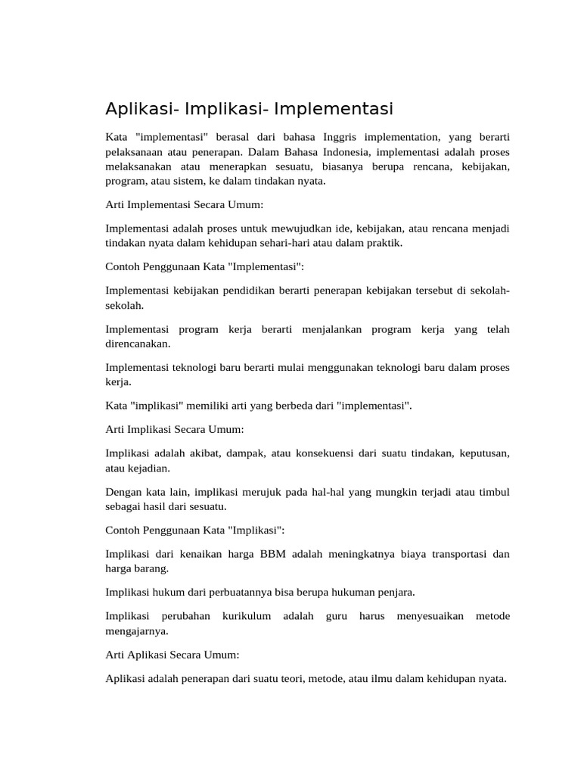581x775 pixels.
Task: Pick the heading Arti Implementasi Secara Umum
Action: (x=184, y=204)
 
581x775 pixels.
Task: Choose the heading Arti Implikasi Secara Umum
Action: (x=175, y=429)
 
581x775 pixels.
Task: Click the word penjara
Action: (x=393, y=592)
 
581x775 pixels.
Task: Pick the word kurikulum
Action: (x=246, y=616)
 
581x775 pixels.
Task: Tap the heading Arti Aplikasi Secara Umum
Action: (x=172, y=654)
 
